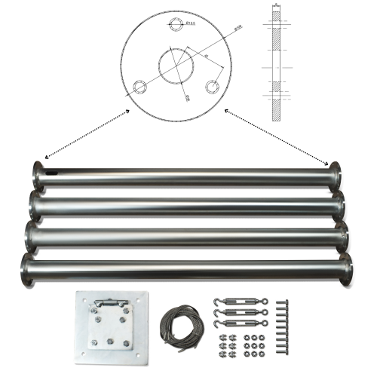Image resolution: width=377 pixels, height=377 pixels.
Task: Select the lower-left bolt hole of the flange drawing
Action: (x=139, y=85)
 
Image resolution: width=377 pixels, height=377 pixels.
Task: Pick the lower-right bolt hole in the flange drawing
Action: (x=213, y=85)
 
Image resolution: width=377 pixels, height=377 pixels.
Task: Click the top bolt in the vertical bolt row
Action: (x=282, y=304)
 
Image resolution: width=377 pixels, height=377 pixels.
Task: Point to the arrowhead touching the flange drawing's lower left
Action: (x=129, y=112)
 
